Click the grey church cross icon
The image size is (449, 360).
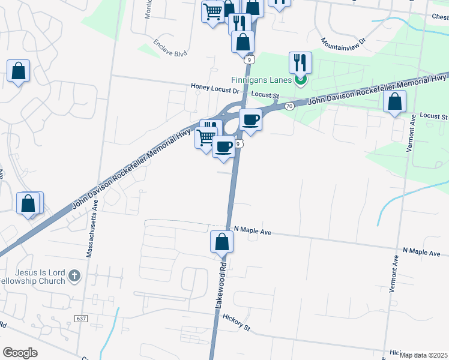coord(74,276)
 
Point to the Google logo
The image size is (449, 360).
coord(20,352)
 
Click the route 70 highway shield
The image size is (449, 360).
coord(289,106)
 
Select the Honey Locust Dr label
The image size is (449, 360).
coord(215,87)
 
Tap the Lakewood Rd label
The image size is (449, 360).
coord(221,284)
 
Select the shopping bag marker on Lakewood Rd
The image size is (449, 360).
coord(221,242)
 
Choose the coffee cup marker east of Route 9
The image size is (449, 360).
coord(250,119)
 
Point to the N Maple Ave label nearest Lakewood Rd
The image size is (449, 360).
coord(253,230)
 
